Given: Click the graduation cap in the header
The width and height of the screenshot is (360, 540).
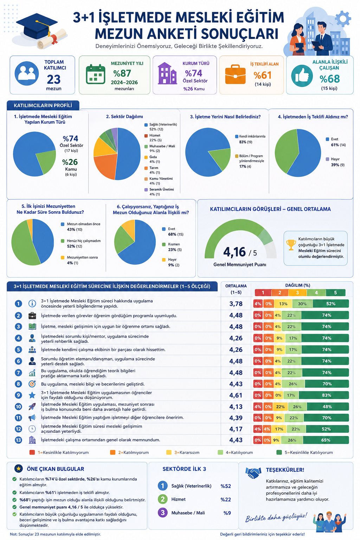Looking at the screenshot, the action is click(37, 26).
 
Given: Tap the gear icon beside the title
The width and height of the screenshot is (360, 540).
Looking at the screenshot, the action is click(343, 19).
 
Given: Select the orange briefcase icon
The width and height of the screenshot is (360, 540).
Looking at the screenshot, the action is click(235, 75).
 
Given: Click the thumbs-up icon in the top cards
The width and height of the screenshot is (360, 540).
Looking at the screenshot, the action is click(302, 76).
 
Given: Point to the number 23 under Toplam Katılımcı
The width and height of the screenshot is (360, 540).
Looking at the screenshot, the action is click(53, 79).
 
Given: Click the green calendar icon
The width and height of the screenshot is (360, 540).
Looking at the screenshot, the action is click(96, 74).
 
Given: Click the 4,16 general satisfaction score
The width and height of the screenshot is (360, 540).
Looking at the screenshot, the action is click(234, 252).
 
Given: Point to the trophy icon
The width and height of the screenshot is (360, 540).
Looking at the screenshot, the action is click(291, 245).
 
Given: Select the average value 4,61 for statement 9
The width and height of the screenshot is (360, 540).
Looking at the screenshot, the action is click(236, 396).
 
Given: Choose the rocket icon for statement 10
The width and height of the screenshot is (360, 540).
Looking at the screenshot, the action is click(32, 407).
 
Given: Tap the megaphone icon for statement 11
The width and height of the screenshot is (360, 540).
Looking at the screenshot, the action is click(32, 418).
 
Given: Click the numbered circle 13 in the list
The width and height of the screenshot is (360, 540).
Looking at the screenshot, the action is click(18, 440).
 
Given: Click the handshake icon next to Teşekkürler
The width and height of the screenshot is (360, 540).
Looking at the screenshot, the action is click(253, 473).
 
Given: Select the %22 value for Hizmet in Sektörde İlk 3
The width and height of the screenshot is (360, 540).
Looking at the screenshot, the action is click(226, 500).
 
